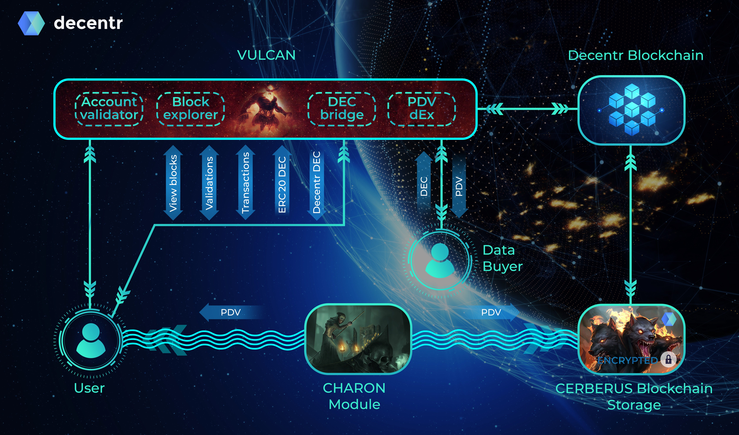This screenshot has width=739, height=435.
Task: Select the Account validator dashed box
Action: coord(109,109)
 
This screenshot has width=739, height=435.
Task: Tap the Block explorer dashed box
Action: coord(191,109)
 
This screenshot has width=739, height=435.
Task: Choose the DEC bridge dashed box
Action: coord(342,109)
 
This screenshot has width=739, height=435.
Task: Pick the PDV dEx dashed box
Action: coord(422,109)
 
